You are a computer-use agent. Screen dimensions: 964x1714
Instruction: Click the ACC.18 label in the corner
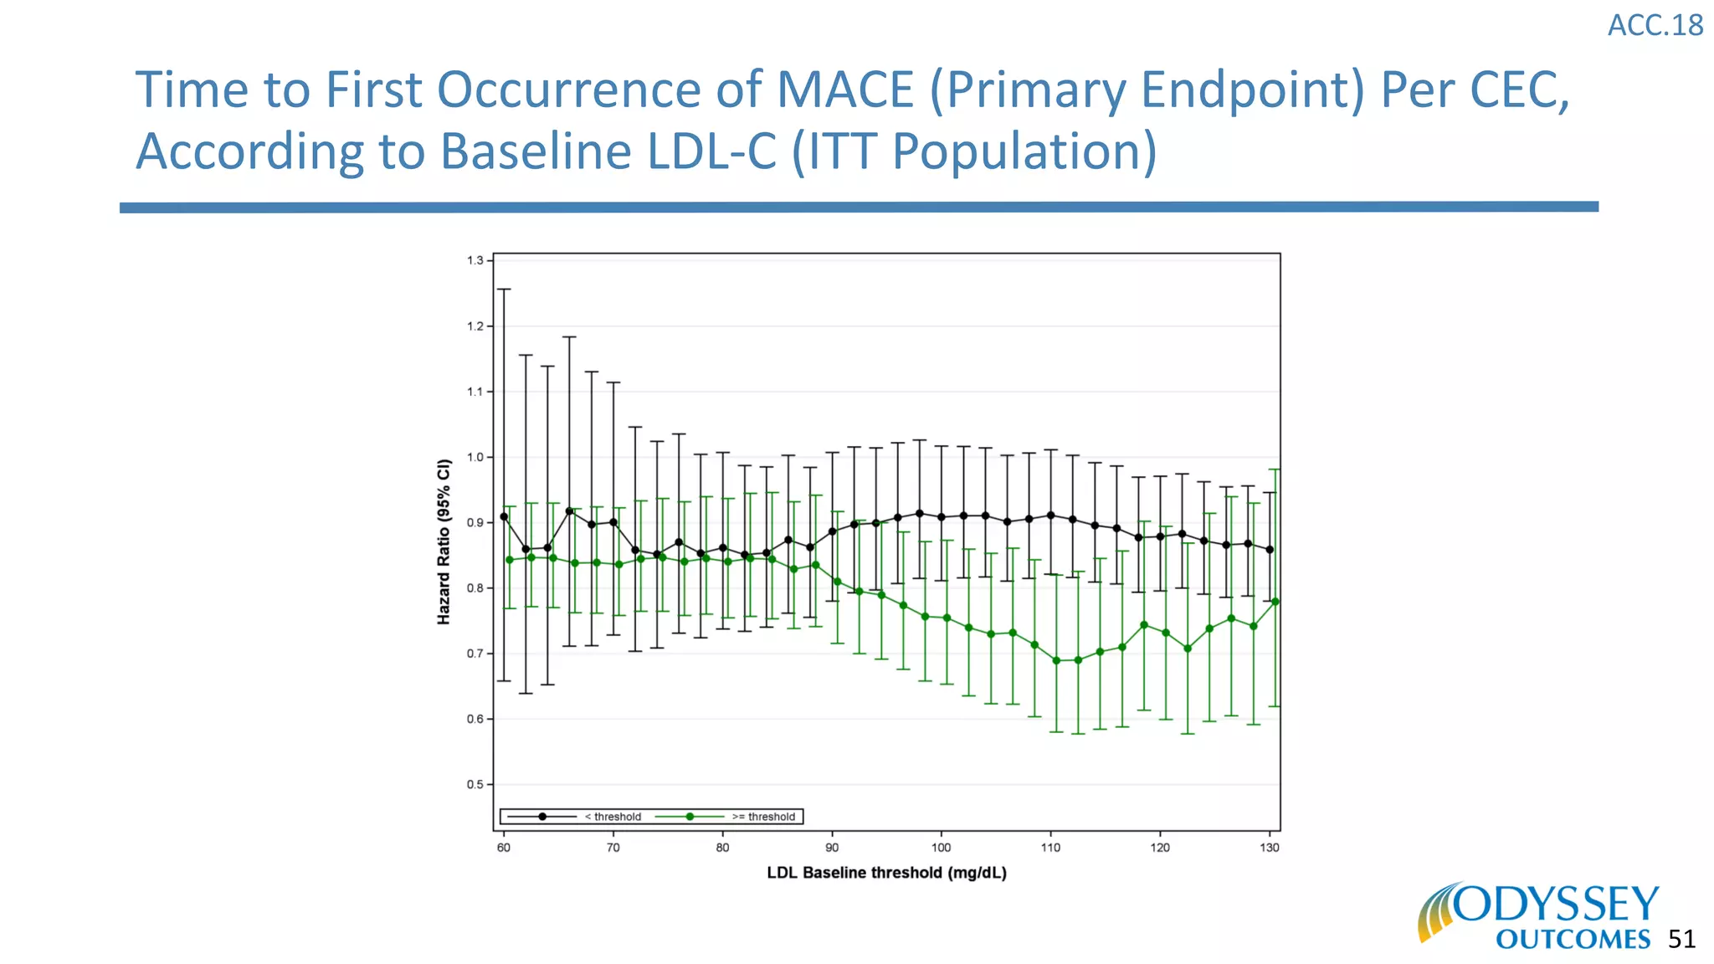1655,26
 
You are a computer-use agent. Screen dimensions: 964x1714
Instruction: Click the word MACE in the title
844,90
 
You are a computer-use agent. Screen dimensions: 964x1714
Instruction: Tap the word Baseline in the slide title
535,151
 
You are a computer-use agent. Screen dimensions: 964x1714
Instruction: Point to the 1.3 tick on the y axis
475,261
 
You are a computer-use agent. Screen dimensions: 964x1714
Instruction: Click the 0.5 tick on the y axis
475,785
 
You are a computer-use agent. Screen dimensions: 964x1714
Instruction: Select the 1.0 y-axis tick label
475,457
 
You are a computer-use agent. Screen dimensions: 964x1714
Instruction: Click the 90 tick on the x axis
832,848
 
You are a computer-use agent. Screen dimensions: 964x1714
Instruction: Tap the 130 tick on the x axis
1269,848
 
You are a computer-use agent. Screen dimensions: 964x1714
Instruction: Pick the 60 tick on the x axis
504,848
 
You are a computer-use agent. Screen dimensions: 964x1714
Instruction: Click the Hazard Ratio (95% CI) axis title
444,541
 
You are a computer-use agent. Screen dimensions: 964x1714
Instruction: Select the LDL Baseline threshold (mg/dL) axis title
886,873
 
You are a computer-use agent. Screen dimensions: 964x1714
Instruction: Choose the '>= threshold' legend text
763,817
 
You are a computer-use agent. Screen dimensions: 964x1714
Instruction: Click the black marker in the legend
542,817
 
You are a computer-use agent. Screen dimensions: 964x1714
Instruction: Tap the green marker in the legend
690,817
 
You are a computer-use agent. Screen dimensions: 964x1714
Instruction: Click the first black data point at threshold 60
504,516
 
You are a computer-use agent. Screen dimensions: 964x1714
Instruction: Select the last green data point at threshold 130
1275,602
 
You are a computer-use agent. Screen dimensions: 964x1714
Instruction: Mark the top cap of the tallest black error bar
504,290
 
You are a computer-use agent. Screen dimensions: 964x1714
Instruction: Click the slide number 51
1681,939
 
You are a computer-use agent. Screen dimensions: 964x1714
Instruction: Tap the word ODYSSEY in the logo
1556,905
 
